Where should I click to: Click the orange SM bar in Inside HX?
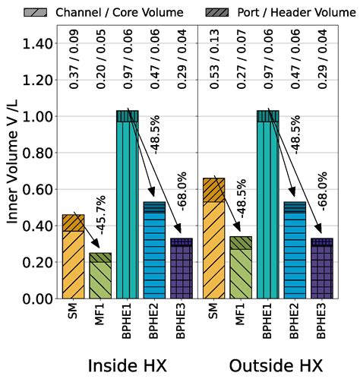pos(73,258)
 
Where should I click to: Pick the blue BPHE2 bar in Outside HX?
pos(295,251)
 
